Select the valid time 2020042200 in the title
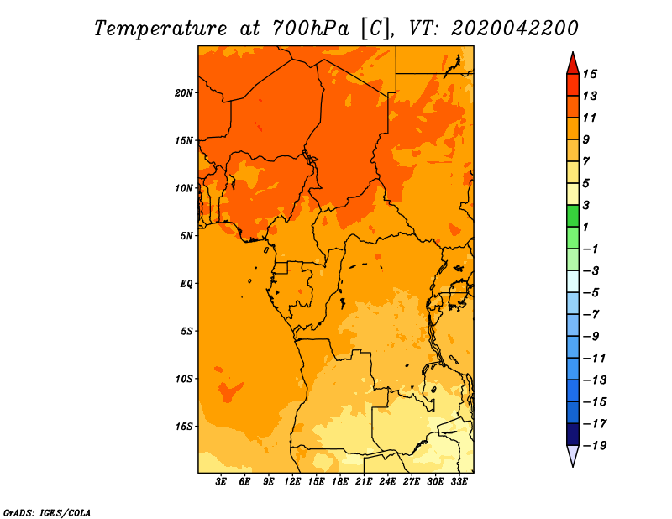pos(515,28)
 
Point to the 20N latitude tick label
pos(185,92)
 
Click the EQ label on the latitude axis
pos(187,283)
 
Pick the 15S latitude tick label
pos(185,427)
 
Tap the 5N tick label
pos(187,236)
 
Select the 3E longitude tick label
pos(222,482)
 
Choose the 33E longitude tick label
pos(459,482)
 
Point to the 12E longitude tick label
pos(293,482)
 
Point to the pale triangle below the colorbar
pos(572,455)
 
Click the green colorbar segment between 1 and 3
pos(572,216)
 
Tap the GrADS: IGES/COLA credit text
pos(47,511)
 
